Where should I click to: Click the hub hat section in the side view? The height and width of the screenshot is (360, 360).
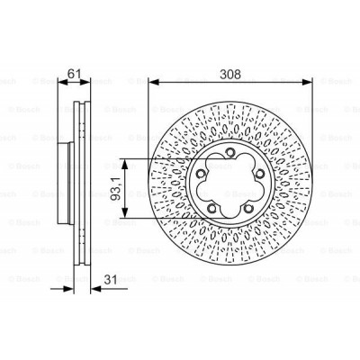coord(65,188)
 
